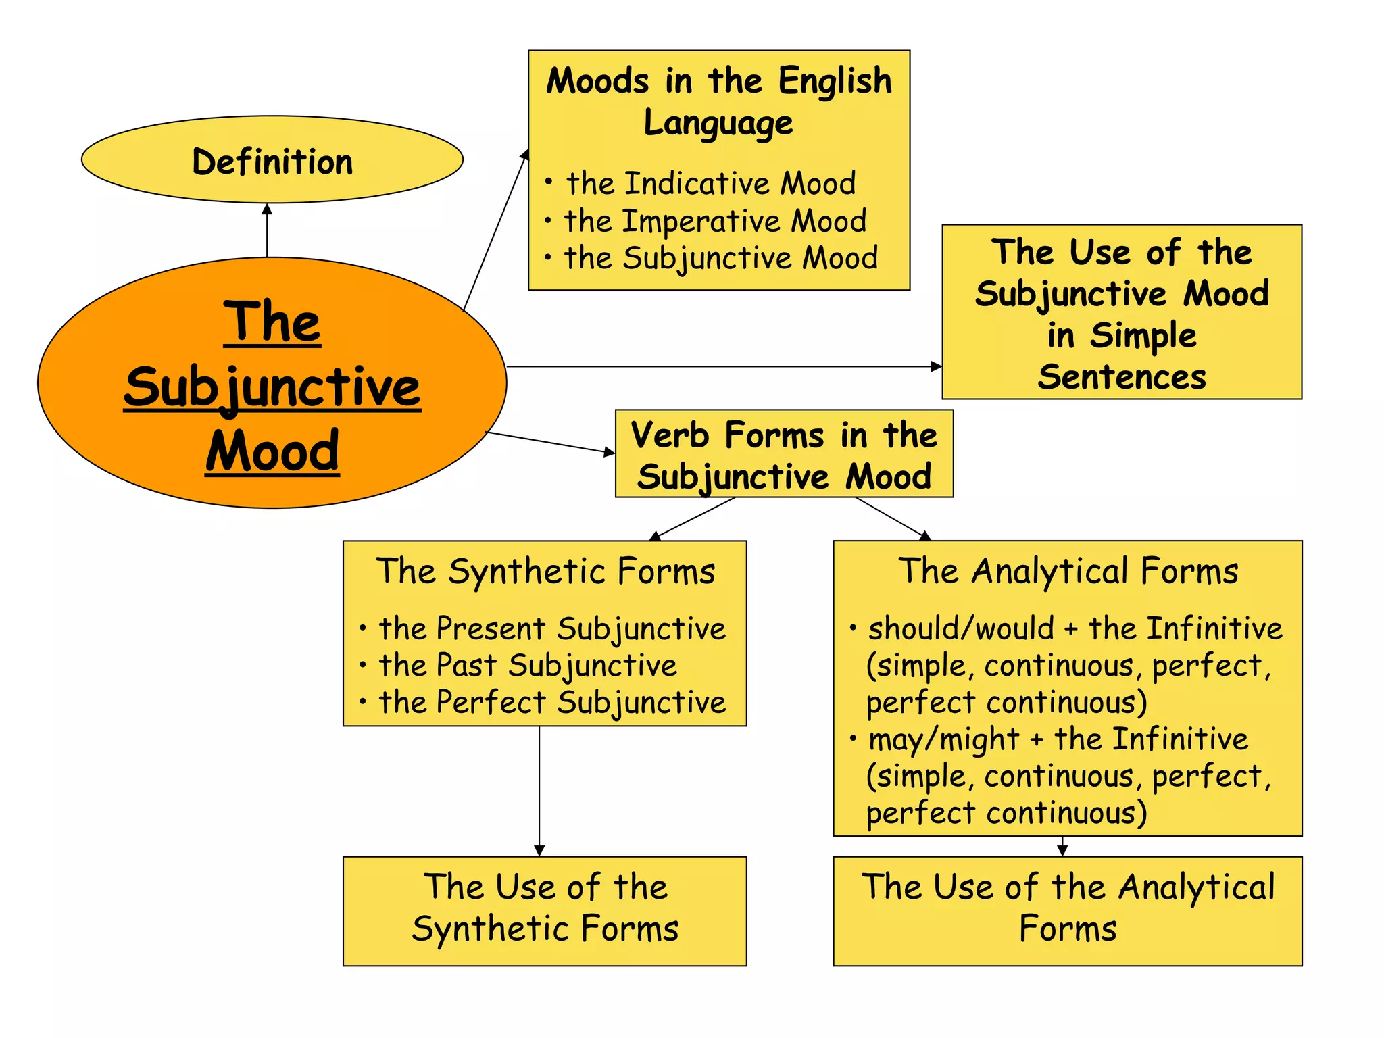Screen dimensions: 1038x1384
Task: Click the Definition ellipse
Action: pos(272,160)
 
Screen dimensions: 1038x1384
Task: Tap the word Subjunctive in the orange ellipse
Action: pos(272,388)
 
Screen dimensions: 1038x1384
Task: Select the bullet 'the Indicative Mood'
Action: pos(710,184)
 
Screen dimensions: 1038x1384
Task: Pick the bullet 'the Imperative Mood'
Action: pos(715,221)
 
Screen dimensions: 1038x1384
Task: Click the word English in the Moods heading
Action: pos(835,81)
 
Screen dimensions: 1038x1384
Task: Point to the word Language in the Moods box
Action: pos(718,123)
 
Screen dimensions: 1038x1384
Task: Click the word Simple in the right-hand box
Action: pos(1143,336)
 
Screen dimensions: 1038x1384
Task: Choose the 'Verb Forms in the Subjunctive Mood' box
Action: pos(784,454)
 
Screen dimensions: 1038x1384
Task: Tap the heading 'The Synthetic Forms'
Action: pos(545,571)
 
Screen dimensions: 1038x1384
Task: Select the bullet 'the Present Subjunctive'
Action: pos(551,629)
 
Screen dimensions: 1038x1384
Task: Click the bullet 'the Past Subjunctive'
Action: pos(527,666)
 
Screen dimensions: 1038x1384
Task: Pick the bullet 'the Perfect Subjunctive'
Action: pos(551,702)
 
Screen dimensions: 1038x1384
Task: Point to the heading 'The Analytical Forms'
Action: pos(1068,571)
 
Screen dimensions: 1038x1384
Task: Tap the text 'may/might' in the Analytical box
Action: pos(943,739)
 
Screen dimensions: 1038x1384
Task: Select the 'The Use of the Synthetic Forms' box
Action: pos(545,910)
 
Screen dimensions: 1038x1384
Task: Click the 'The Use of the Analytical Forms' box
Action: pos(1068,910)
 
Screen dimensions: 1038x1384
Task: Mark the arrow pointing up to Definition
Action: pos(267,230)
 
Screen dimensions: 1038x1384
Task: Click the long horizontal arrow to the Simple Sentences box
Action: pos(723,366)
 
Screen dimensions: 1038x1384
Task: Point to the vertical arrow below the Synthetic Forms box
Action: pos(539,791)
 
